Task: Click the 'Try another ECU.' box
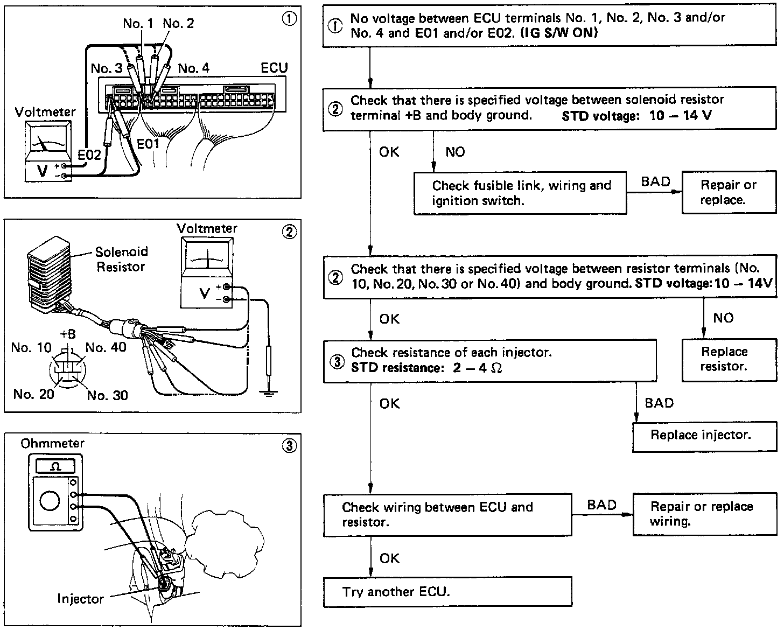coord(447,592)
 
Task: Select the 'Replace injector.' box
coord(700,435)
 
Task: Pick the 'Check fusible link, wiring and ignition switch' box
coord(520,193)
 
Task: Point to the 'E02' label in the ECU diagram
coord(89,155)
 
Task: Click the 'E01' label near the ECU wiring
coord(148,144)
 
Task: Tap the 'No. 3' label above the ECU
coord(107,69)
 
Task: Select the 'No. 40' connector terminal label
coord(106,348)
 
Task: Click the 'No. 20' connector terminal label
coord(34,394)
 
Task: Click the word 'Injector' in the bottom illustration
coord(81,599)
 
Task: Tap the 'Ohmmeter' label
coord(52,443)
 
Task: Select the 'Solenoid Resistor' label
coord(121,259)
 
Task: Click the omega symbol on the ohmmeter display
coord(55,467)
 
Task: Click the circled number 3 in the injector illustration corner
coord(289,446)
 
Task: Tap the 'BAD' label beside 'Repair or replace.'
coord(655,181)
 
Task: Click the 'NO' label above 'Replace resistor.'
coord(723,318)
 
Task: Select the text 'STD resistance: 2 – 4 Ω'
coord(426,368)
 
